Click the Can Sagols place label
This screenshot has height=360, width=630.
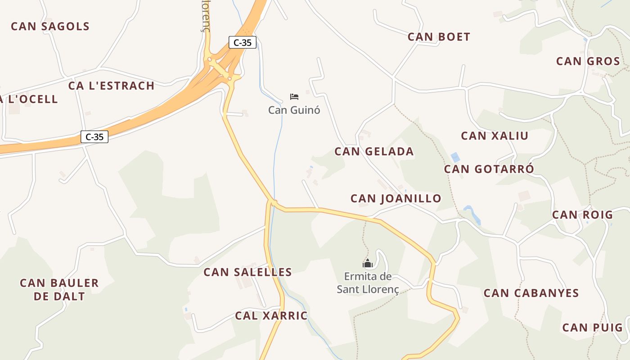(50, 26)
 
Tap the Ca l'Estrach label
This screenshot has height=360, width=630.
(111, 85)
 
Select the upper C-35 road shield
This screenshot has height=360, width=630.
(243, 43)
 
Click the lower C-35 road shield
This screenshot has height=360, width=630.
(94, 137)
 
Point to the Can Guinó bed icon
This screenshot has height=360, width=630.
(294, 97)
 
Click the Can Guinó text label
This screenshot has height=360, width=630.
(294, 110)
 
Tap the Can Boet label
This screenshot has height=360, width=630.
(439, 37)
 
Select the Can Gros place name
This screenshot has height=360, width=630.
(588, 61)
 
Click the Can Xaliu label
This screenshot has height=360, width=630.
(495, 136)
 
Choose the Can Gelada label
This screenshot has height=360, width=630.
(374, 152)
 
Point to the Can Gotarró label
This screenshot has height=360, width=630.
(489, 169)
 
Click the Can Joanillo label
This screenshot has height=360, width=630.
(396, 198)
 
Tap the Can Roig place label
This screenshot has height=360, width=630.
(582, 215)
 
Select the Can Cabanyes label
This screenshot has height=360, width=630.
(531, 293)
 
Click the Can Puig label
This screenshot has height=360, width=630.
(592, 328)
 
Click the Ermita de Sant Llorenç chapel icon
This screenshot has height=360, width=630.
(368, 264)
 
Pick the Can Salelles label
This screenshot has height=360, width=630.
(247, 272)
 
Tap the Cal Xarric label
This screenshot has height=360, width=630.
(271, 316)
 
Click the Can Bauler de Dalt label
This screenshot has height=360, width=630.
(59, 289)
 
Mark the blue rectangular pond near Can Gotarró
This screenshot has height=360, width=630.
(455, 157)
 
